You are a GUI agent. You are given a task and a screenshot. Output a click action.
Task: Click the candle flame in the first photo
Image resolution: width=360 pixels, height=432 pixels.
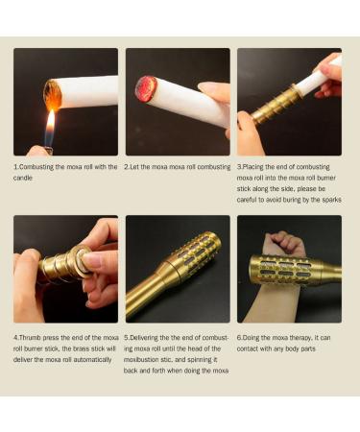pos(49,122)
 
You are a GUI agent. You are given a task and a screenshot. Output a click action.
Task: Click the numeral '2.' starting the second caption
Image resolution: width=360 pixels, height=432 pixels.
pos(128,167)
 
